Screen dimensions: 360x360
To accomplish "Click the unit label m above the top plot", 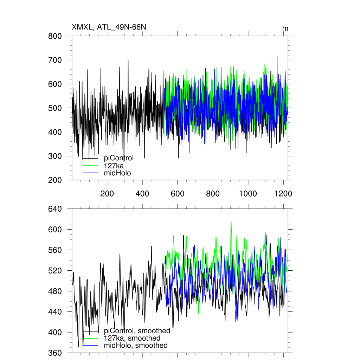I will click(x=285, y=28).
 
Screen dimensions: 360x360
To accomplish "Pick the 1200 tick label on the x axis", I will click(x=283, y=194).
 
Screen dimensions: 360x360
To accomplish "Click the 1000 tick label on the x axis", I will click(x=248, y=194).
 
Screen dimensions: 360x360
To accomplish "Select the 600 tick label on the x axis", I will click(x=178, y=194).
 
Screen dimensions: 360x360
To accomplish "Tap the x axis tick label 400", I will click(x=142, y=194).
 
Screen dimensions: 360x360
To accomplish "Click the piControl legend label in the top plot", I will click(x=119, y=158).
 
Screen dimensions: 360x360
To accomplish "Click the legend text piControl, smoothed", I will click(x=137, y=331).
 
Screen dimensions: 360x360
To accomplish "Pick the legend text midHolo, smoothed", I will click(x=136, y=346).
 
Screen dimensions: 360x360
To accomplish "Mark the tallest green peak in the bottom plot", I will click(x=231, y=221).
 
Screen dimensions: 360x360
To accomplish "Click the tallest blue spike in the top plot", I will click(x=277, y=56).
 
